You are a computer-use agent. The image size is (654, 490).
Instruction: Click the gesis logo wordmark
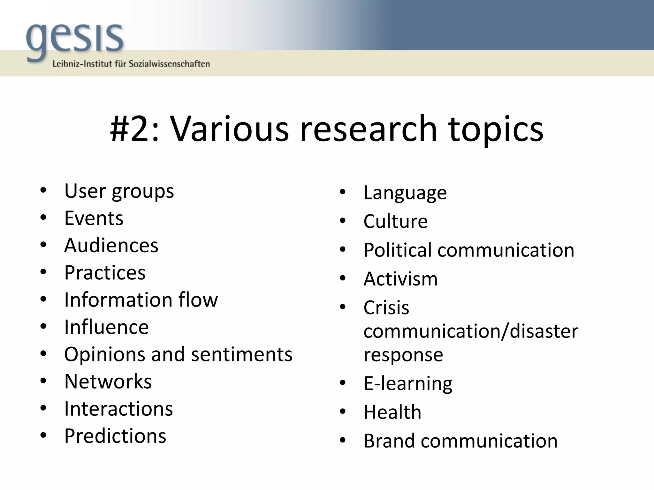click(75, 40)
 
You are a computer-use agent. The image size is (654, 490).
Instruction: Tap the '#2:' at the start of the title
click(134, 129)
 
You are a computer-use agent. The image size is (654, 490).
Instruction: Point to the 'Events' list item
click(94, 218)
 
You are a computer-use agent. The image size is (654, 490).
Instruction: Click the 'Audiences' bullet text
click(111, 245)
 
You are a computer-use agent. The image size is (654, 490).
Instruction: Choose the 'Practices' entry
click(105, 273)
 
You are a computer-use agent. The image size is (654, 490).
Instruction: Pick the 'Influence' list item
click(106, 327)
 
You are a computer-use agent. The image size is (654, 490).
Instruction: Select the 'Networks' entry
click(108, 382)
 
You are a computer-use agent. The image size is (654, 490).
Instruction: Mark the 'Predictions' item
click(115, 436)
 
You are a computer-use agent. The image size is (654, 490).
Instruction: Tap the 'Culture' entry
click(395, 221)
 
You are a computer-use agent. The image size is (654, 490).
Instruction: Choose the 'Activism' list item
click(400, 279)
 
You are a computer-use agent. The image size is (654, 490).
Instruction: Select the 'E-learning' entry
click(408, 383)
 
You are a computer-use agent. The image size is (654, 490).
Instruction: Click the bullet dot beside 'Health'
click(343, 412)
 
